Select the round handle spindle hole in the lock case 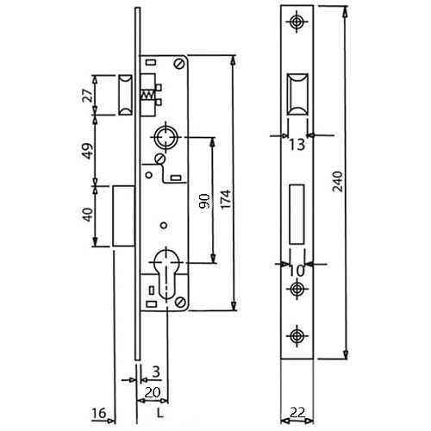[166, 135]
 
